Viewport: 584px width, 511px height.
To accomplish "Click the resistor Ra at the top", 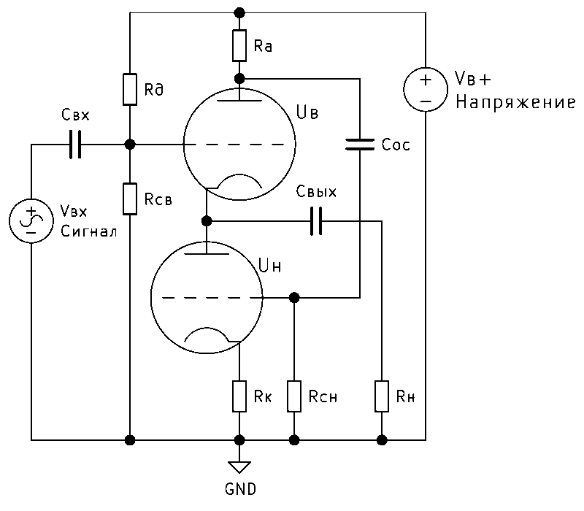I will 239,45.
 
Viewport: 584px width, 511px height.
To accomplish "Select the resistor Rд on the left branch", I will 129,89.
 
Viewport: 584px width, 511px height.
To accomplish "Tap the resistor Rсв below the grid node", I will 129,199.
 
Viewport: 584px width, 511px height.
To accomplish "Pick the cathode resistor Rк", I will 239,396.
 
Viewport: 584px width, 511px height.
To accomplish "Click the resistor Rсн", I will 294,396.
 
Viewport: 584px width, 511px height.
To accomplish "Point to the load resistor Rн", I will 381,396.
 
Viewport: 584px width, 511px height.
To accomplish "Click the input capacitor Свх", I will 74,145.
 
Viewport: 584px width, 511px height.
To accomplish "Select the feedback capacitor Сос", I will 360,145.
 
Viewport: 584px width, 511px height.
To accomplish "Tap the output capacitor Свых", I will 316,220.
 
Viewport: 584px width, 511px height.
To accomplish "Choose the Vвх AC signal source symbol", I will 31,220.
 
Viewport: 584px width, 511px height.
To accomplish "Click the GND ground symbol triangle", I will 239,466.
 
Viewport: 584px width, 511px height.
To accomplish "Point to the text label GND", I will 239,488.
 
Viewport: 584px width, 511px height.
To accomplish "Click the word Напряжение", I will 515,103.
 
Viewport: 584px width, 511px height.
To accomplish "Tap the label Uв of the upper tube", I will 307,112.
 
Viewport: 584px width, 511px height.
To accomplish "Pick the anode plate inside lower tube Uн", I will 208,254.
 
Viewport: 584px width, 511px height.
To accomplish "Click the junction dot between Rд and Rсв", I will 129,145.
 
